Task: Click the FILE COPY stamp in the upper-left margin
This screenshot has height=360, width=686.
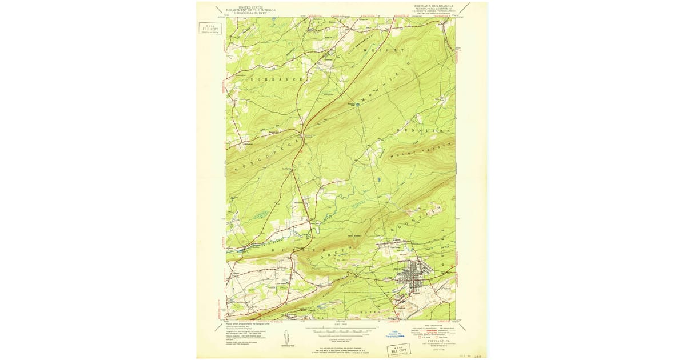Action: pos(209,29)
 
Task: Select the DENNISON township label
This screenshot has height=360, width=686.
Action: pos(424,131)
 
